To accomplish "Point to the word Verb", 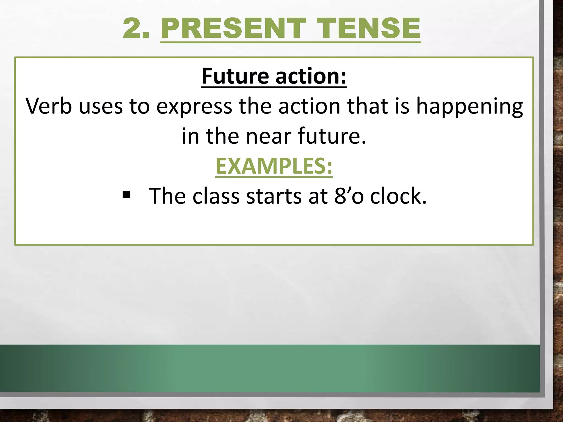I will coord(49,106).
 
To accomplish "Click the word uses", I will coord(101,106).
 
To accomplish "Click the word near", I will coord(268,137).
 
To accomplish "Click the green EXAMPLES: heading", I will coord(274,166).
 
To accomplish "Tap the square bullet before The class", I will coord(126,195).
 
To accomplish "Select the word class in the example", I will coord(216,196).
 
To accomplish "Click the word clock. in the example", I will coord(398,196).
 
